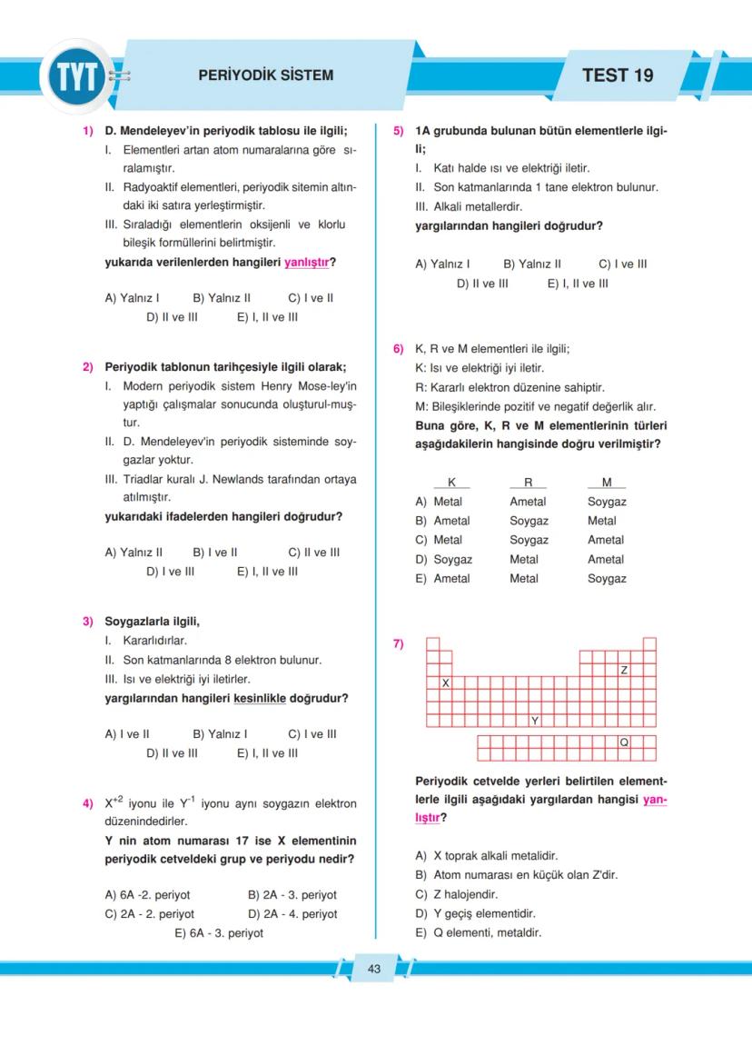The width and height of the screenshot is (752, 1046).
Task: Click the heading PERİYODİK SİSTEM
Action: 265,75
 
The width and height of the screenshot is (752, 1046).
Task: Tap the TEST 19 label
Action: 618,75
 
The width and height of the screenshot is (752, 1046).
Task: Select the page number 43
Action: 374,969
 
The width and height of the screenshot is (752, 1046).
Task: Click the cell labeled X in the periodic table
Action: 445,682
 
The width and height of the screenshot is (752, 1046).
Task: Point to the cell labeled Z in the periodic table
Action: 624,670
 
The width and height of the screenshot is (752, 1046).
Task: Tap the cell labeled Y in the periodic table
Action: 535,721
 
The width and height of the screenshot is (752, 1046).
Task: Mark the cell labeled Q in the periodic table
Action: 624,742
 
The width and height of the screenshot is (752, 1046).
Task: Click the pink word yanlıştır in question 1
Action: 306,263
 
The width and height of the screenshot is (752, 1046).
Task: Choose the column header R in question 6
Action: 528,483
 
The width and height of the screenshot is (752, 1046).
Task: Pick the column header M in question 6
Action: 607,483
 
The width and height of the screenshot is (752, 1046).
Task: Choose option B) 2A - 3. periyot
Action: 292,895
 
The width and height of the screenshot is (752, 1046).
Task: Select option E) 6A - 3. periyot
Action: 218,933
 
